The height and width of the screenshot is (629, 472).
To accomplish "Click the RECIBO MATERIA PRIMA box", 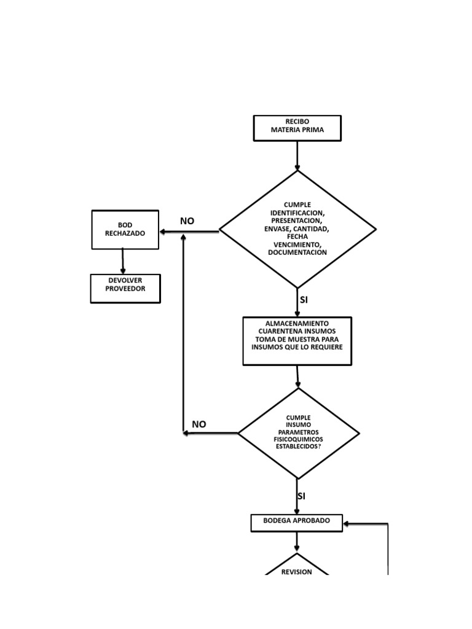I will pyautogui.click(x=297, y=128).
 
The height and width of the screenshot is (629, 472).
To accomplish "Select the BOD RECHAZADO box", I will pyautogui.click(x=125, y=230).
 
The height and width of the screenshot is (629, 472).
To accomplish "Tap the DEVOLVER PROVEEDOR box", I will pyautogui.click(x=125, y=288).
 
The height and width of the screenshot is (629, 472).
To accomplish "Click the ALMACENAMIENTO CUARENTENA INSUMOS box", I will pyautogui.click(x=297, y=341).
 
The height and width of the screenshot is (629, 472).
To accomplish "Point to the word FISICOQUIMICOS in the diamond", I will pyautogui.click(x=298, y=439).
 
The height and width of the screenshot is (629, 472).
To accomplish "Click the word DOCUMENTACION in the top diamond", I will pyautogui.click(x=297, y=252).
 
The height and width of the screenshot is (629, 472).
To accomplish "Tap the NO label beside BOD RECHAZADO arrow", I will pyautogui.click(x=187, y=221).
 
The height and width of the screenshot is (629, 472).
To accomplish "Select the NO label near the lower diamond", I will pyautogui.click(x=199, y=424).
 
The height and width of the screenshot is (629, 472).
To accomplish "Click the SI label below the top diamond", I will pyautogui.click(x=304, y=300).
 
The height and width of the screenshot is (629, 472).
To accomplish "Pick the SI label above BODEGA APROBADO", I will pyautogui.click(x=301, y=496).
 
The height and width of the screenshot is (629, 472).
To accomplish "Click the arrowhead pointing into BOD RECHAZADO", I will pyautogui.click(x=163, y=232).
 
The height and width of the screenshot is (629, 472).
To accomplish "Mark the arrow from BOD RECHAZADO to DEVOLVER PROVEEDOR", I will pyautogui.click(x=123, y=261).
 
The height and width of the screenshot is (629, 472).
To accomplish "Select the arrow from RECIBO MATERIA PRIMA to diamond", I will pyautogui.click(x=297, y=156).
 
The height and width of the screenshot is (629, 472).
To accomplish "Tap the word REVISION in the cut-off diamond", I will pyautogui.click(x=297, y=572).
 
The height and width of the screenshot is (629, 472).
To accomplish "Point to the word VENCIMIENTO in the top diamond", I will pyautogui.click(x=297, y=244).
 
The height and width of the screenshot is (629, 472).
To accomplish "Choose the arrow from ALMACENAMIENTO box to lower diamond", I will pyautogui.click(x=298, y=377).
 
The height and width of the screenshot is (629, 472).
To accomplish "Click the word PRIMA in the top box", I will pyautogui.click(x=312, y=130).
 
